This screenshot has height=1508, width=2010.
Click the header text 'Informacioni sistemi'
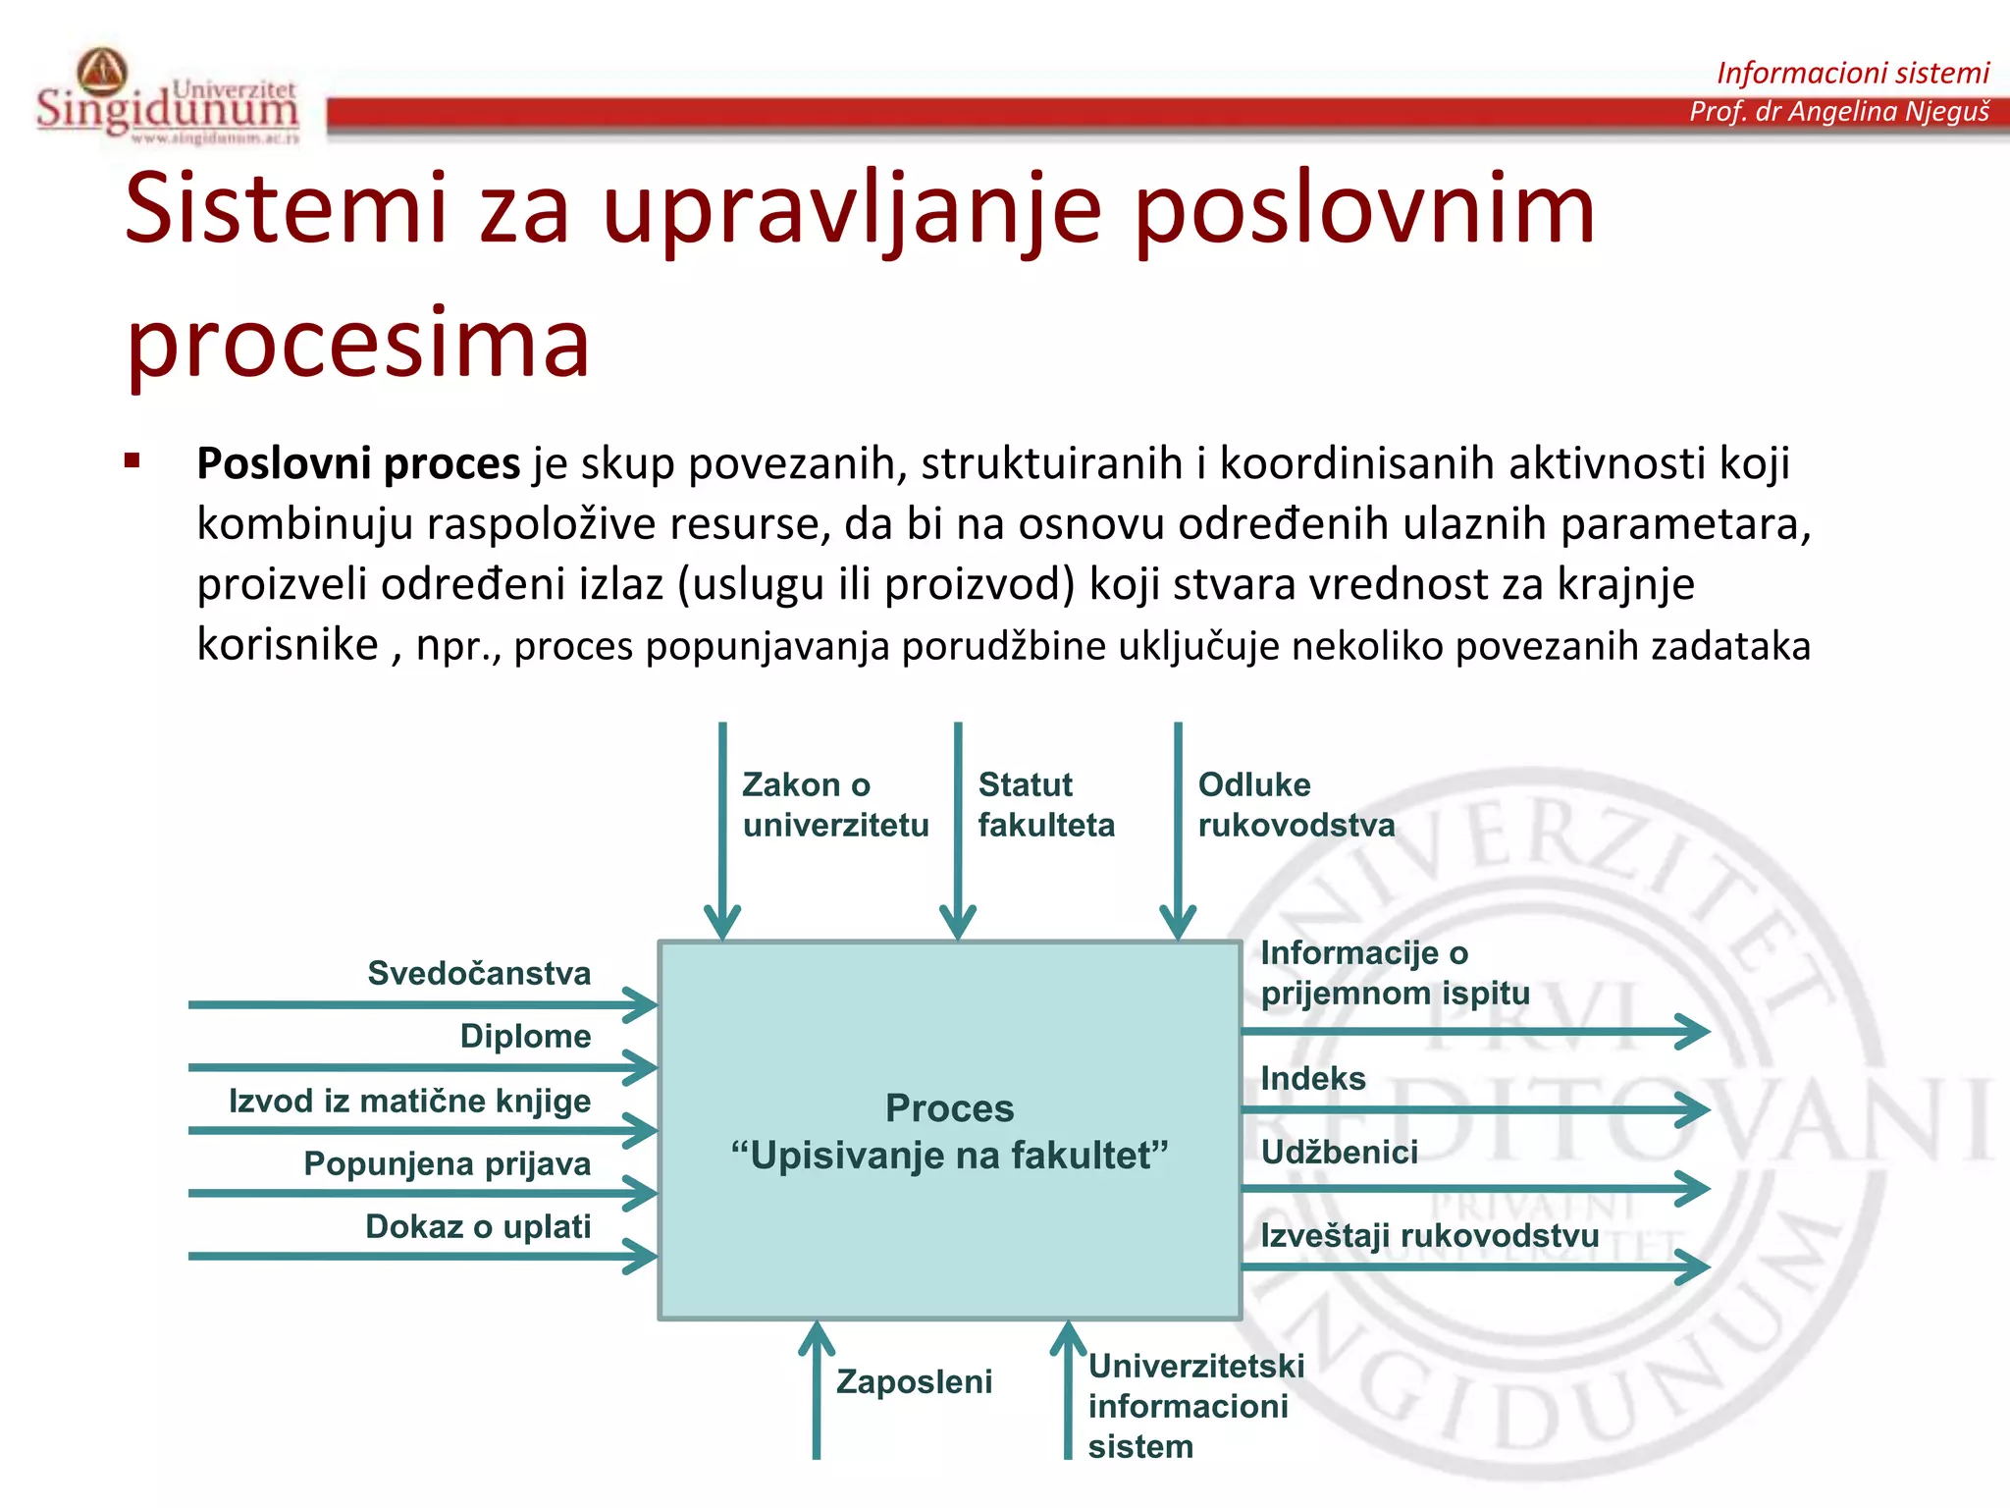[x=1852, y=73]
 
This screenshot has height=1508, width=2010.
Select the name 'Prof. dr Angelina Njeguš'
[x=1838, y=111]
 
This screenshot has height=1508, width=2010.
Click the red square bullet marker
[x=132, y=460]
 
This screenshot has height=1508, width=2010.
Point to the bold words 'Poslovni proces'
[x=358, y=463]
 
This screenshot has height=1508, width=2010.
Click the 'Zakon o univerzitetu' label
[x=834, y=804]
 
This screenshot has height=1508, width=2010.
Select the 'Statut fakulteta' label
[x=1045, y=804]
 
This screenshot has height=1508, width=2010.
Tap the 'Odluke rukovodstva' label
[x=1296, y=804]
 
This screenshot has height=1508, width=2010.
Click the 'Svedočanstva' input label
[x=479, y=973]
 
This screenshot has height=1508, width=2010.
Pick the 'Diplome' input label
[x=525, y=1036]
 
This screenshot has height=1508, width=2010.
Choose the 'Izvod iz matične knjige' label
[x=409, y=1101]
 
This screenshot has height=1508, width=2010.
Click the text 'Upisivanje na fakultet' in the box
[x=949, y=1156]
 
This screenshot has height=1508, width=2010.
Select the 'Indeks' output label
[x=1312, y=1078]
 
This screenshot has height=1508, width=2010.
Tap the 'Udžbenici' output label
[x=1339, y=1152]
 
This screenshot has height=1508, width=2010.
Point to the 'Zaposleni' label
[x=914, y=1381]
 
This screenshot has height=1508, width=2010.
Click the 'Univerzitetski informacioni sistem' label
[x=1195, y=1406]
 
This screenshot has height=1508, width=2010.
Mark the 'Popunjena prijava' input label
[x=447, y=1163]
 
